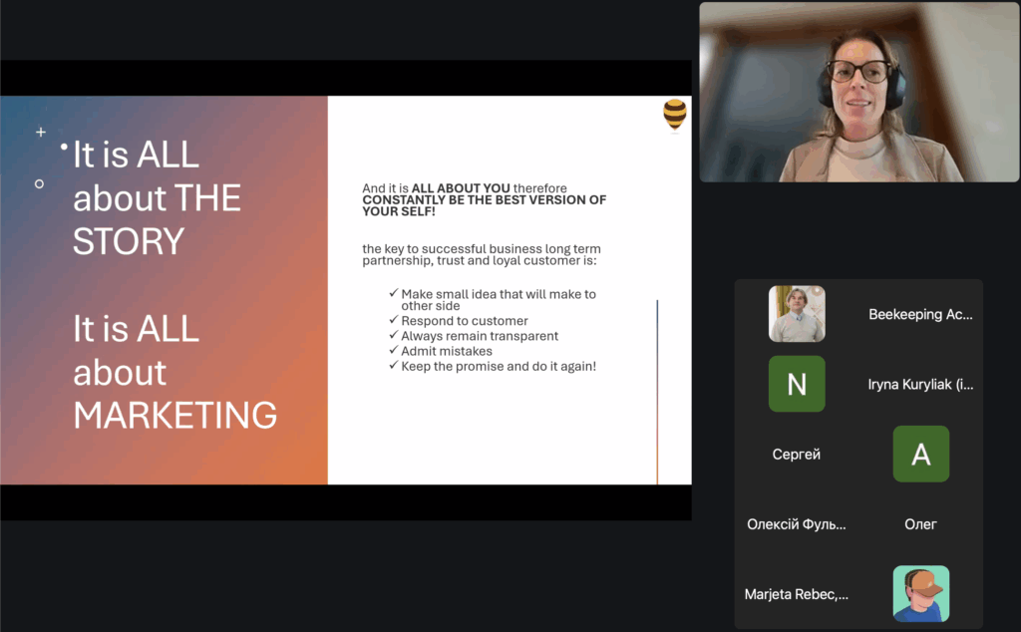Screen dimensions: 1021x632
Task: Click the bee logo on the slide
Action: pyautogui.click(x=675, y=115)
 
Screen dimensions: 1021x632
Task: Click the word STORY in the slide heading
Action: pyautogui.click(x=129, y=241)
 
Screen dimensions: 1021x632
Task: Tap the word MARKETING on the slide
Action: pyautogui.click(x=174, y=416)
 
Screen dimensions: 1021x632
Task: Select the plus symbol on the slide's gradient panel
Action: pyautogui.click(x=40, y=133)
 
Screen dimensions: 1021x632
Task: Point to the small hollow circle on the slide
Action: pyautogui.click(x=39, y=184)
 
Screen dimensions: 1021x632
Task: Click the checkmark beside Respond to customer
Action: pyautogui.click(x=393, y=320)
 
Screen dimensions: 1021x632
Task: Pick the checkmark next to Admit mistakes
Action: pyautogui.click(x=393, y=350)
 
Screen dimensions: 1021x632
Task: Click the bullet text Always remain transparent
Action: pyautogui.click(x=480, y=336)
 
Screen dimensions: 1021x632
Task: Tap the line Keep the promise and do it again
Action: pyautogui.click(x=499, y=367)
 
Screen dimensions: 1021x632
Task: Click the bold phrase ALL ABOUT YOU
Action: pyautogui.click(x=461, y=188)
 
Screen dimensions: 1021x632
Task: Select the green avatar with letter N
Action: pyautogui.click(x=797, y=384)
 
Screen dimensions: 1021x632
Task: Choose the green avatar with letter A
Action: pyautogui.click(x=920, y=454)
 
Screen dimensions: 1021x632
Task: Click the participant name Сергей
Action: pyautogui.click(x=797, y=455)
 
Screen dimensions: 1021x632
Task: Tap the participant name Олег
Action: pyautogui.click(x=920, y=524)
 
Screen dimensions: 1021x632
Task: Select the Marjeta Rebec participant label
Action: pyautogui.click(x=797, y=594)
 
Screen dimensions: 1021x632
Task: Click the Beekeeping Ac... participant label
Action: pyautogui.click(x=920, y=314)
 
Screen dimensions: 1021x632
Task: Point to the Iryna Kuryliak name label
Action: pyautogui.click(x=920, y=385)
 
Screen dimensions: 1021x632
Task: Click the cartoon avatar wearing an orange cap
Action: pyautogui.click(x=920, y=593)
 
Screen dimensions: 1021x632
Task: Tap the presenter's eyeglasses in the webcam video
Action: pyautogui.click(x=858, y=71)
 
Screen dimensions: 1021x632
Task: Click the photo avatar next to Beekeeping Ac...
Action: pyautogui.click(x=797, y=314)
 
